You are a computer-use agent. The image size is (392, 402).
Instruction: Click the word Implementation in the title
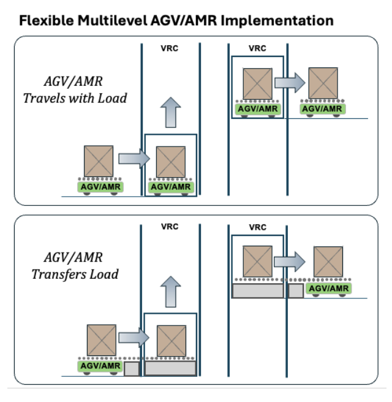coord(281,21)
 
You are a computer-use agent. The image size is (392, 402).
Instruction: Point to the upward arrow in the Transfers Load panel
coord(170,291)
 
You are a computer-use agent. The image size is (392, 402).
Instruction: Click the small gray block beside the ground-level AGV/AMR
coord(132,368)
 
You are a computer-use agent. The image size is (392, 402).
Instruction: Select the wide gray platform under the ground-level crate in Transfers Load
coord(170,368)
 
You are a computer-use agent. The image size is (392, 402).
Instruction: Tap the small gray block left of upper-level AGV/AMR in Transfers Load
coord(295,290)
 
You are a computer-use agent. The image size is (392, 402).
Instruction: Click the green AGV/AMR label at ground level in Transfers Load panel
coord(99,365)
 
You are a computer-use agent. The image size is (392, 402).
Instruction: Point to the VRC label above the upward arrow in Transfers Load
coord(170,227)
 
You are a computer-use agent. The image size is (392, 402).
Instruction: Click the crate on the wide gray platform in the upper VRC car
coord(258,262)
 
